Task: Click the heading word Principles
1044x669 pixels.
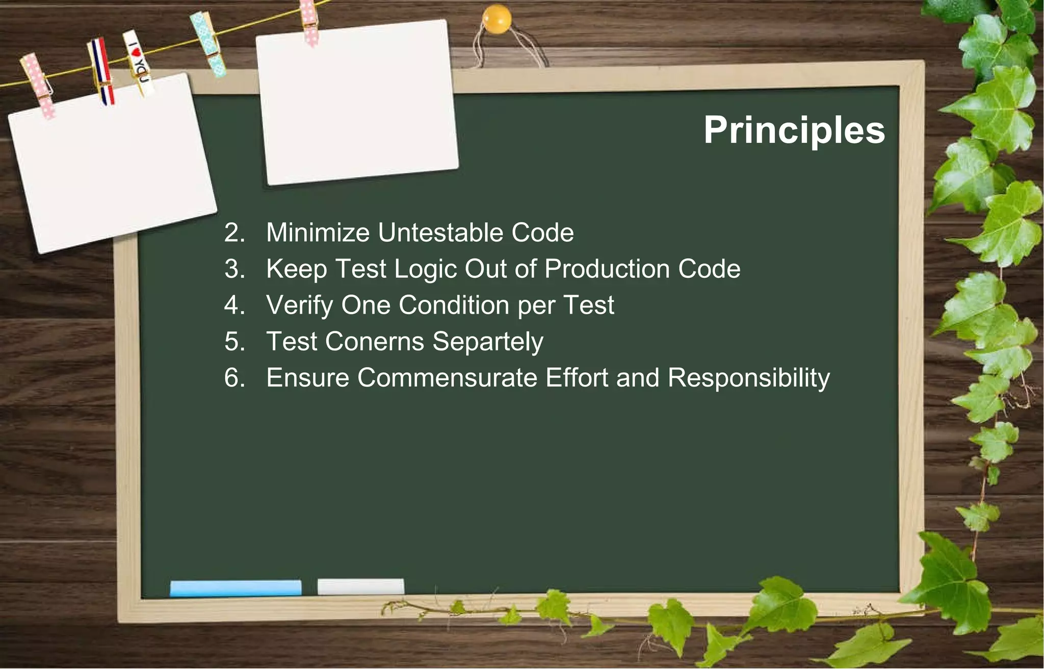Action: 794,131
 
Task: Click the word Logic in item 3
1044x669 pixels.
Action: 425,269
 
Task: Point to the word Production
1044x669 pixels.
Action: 607,269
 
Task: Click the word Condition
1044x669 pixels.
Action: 454,305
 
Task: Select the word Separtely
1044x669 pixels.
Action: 488,342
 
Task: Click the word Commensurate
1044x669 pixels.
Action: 447,378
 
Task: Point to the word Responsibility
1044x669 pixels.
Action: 748,378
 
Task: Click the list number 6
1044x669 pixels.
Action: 234,378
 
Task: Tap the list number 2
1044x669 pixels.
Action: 234,233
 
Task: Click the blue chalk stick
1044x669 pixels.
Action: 236,587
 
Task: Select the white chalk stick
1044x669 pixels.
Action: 360,586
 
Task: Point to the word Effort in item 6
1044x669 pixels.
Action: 577,378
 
